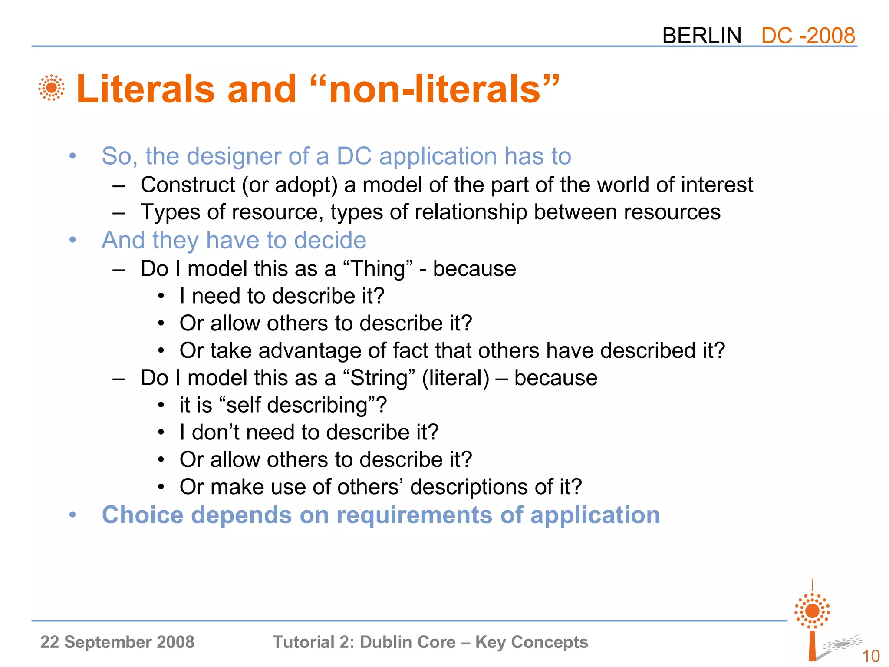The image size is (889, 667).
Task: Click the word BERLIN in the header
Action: pos(701,36)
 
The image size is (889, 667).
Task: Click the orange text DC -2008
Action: pos(808,36)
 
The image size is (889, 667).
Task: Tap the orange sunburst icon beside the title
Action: pos(51,88)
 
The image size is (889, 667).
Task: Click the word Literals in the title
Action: pos(145,89)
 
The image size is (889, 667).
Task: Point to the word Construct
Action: pos(188,185)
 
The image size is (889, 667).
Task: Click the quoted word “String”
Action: pos(379,378)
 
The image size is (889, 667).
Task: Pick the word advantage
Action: pos(310,350)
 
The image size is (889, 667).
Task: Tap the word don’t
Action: pos(215,433)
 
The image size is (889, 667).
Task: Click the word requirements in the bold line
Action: pos(414,515)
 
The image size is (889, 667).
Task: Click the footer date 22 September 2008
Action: pos(117,642)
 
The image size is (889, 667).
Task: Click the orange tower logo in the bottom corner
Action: pos(812,621)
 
